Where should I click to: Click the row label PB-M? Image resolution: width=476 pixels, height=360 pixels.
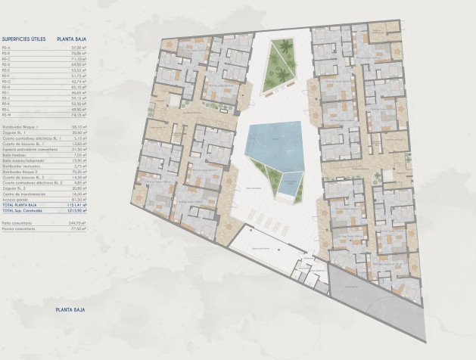pyautogui.click(x=6, y=114)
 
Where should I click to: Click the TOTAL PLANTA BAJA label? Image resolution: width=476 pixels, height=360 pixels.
pyautogui.click(x=20, y=205)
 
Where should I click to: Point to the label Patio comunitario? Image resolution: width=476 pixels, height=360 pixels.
pyautogui.click(x=18, y=222)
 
